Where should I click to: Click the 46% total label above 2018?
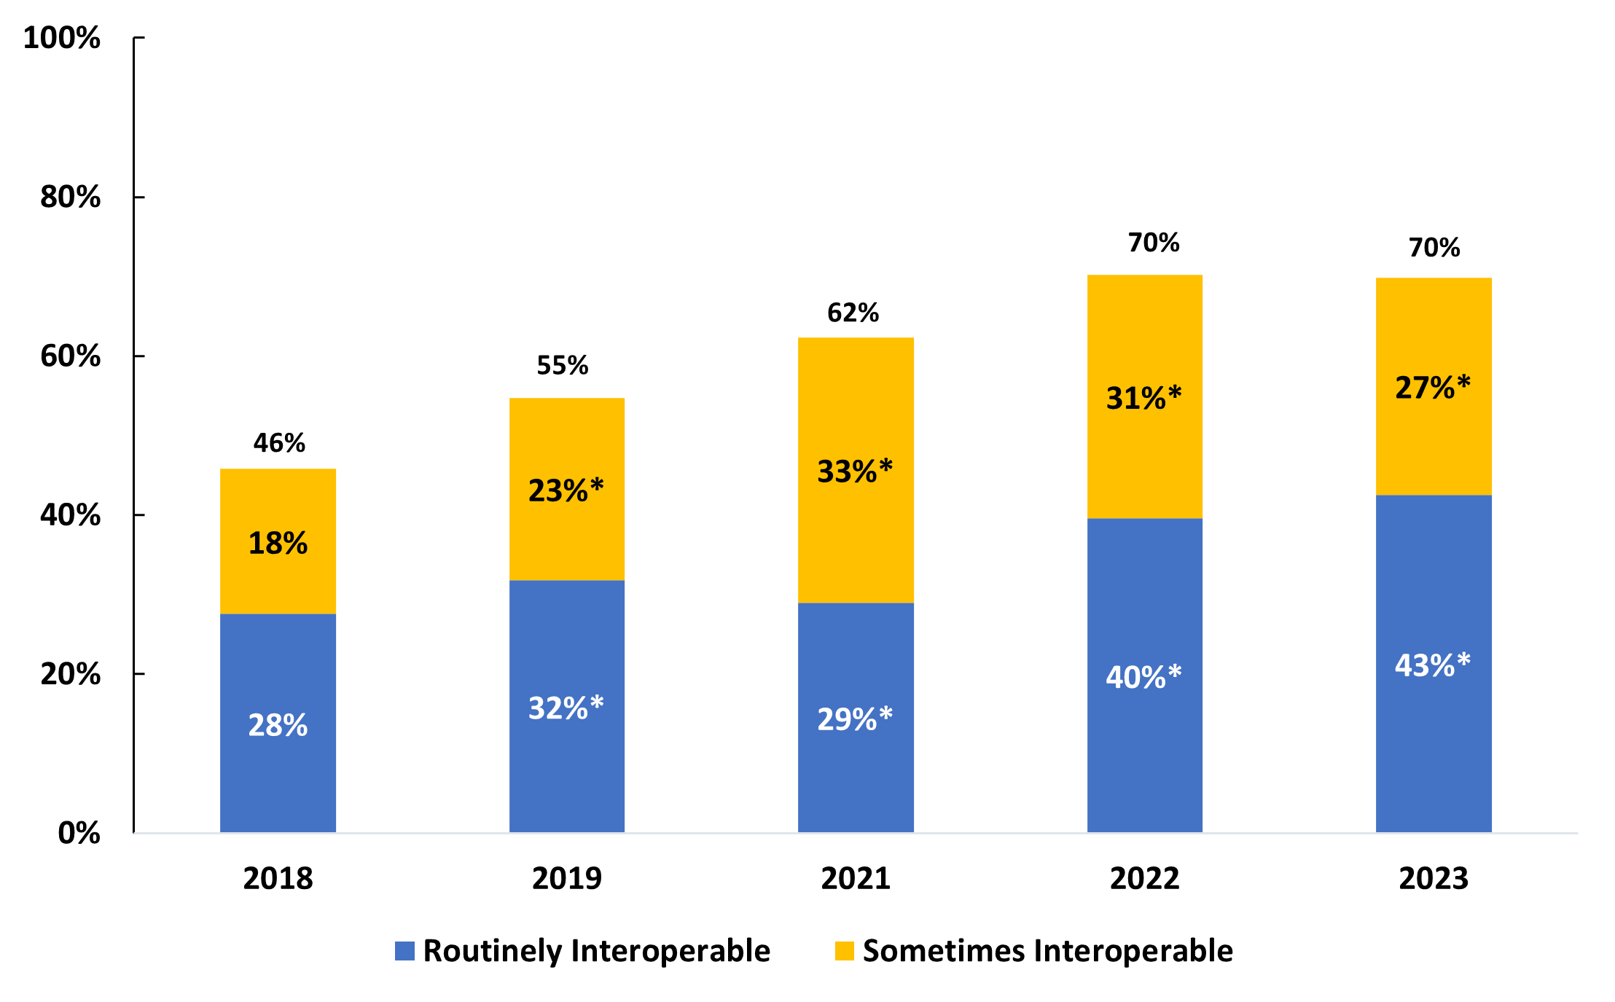pyautogui.click(x=279, y=443)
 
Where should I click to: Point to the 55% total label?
pyautogui.click(x=562, y=365)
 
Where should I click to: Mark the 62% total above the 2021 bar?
pyautogui.click(x=853, y=313)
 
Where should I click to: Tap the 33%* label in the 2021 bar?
pyautogui.click(x=855, y=471)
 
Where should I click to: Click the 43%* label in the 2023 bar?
pyautogui.click(x=1433, y=665)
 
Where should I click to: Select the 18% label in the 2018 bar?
pyautogui.click(x=278, y=543)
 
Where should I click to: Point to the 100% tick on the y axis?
pyautogui.click(x=62, y=38)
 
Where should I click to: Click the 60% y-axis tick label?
pyautogui.click(x=70, y=356)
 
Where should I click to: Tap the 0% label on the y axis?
pyautogui.click(x=79, y=832)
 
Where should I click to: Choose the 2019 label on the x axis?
pyautogui.click(x=566, y=878)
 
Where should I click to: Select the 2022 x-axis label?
pyautogui.click(x=1144, y=878)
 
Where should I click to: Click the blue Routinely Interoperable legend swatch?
pyautogui.click(x=404, y=951)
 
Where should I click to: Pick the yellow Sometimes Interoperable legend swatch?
pyautogui.click(x=844, y=951)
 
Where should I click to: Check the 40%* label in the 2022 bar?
pyautogui.click(x=1143, y=677)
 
